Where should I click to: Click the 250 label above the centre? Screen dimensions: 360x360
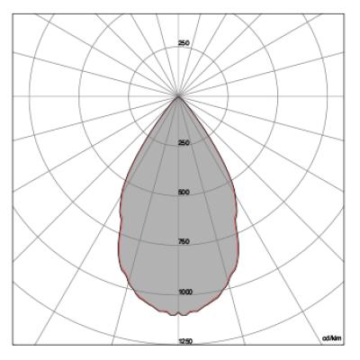(x=184, y=43)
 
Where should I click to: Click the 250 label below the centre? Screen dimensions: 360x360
(x=184, y=143)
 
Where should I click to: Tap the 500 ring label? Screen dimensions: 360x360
(x=184, y=192)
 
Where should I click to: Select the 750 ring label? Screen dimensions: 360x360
(x=184, y=241)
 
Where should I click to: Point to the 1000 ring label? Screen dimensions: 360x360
(x=185, y=292)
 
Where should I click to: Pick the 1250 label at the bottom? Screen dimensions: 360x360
(x=185, y=341)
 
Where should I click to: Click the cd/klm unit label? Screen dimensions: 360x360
(x=331, y=338)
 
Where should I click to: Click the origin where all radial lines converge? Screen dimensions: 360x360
(x=178, y=96)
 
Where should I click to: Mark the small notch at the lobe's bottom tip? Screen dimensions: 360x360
(x=179, y=313)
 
